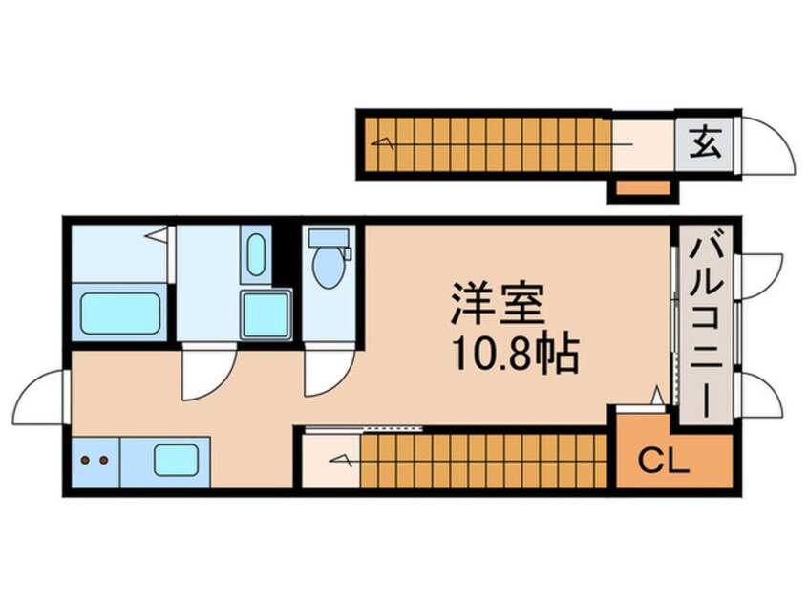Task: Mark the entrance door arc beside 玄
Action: [x=767, y=148]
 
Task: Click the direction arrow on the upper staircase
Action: [x=387, y=143]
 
